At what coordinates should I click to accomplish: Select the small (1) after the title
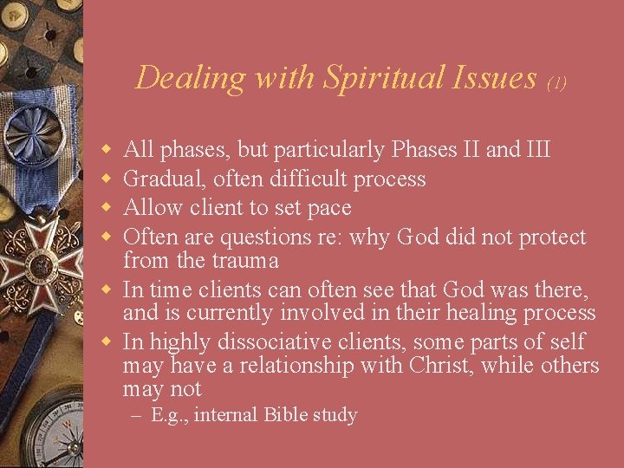click(556, 83)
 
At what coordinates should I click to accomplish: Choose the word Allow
click(149, 208)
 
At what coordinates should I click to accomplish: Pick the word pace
click(329, 209)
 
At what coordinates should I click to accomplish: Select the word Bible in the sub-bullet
click(281, 415)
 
